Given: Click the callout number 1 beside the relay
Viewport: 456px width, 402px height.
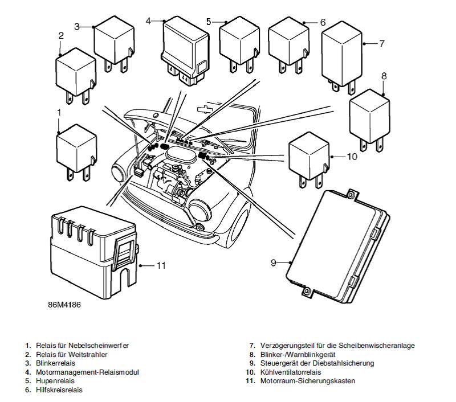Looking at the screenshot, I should (x=59, y=112).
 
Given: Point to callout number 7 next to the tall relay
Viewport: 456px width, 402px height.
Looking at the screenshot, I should (x=382, y=43).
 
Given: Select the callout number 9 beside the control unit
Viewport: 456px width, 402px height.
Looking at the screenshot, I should (x=274, y=262).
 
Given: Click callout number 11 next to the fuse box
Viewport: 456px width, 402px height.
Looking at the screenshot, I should (x=161, y=265).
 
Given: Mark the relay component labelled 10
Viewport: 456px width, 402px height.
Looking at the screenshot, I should (x=308, y=157).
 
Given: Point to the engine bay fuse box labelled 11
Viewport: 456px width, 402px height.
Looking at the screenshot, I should (x=91, y=256).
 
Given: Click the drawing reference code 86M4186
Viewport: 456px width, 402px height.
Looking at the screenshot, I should (x=64, y=305).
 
